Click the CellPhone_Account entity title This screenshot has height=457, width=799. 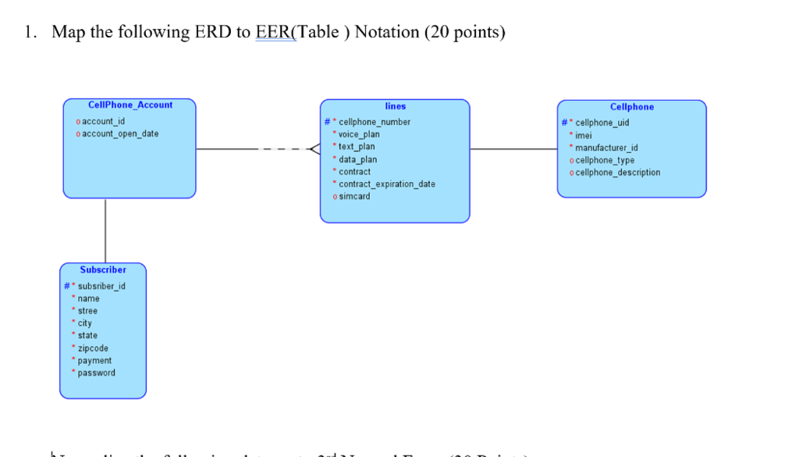click(130, 105)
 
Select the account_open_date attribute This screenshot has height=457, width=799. click(120, 134)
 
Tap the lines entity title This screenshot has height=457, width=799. click(395, 105)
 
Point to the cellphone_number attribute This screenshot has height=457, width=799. click(374, 122)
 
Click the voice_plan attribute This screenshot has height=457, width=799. click(359, 134)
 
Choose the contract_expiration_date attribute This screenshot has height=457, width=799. click(387, 184)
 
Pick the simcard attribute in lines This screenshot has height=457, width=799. click(354, 196)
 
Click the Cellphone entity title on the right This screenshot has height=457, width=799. click(631, 107)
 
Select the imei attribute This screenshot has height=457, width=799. click(583, 135)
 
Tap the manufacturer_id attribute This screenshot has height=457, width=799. click(606, 148)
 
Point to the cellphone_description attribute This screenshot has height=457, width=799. click(617, 173)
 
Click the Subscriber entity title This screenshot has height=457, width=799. click(103, 270)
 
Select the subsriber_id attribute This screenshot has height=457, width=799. click(101, 286)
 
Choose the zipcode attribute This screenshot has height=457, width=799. click(93, 348)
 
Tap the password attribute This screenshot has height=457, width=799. click(96, 373)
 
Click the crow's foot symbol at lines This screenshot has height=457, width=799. click(314, 148)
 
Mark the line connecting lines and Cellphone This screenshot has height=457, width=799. click(513, 148)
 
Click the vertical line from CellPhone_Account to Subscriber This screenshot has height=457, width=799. click(105, 230)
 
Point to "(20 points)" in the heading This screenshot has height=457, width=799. click(464, 32)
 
